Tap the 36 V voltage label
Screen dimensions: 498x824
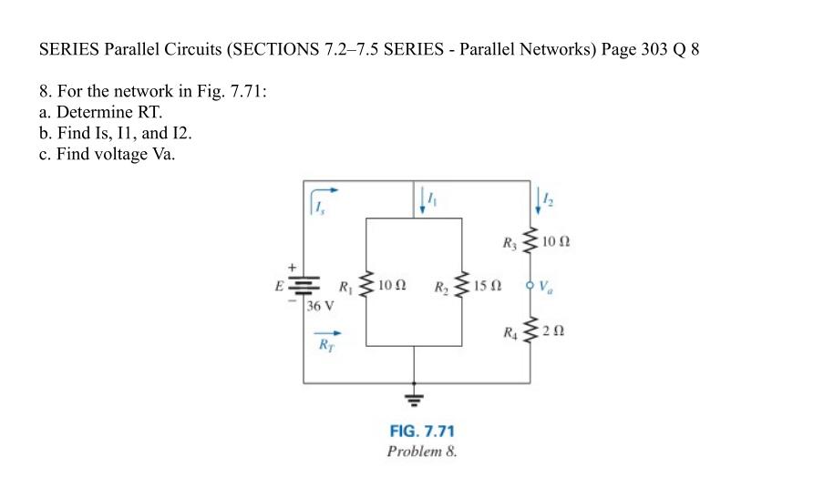[320, 305]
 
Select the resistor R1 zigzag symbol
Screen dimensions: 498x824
[366, 286]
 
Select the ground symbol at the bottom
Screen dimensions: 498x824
[415, 396]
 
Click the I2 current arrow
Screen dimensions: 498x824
[538, 199]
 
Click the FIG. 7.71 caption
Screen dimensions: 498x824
[421, 432]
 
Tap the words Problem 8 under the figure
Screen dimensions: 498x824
[421, 451]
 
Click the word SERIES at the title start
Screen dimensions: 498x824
[69, 49]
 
